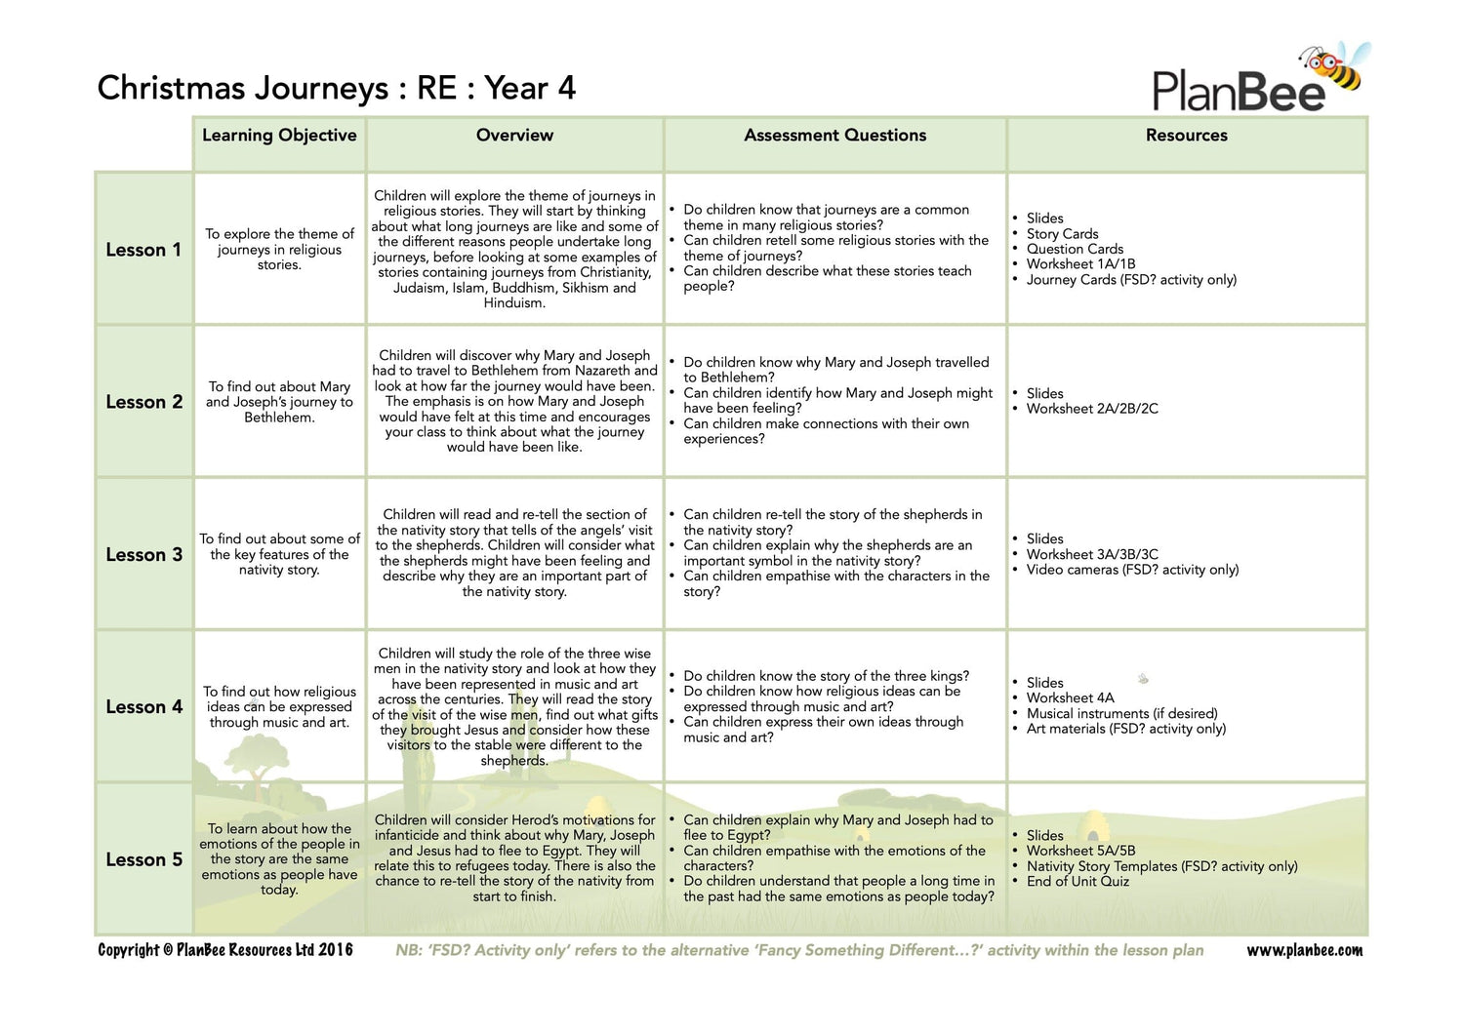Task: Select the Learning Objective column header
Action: [279, 136]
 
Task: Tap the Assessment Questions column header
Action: [834, 136]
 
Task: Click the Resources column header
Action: [1186, 136]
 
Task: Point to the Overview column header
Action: [514, 136]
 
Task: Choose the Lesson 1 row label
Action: [143, 250]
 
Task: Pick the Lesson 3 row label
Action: [143, 555]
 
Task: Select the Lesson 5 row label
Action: [143, 859]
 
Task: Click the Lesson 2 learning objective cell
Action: [279, 402]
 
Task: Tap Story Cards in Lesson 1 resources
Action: [1062, 234]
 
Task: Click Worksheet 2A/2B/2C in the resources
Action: [1092, 409]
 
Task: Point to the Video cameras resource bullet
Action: [1132, 570]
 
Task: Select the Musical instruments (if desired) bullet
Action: [1121, 713]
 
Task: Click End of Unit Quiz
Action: [1078, 882]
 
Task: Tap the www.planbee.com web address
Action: [1304, 950]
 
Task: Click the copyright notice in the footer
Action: [225, 950]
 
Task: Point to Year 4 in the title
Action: [530, 89]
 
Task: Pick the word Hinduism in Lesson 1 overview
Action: [514, 303]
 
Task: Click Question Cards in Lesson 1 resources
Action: [1075, 249]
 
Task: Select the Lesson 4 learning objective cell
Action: [279, 707]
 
